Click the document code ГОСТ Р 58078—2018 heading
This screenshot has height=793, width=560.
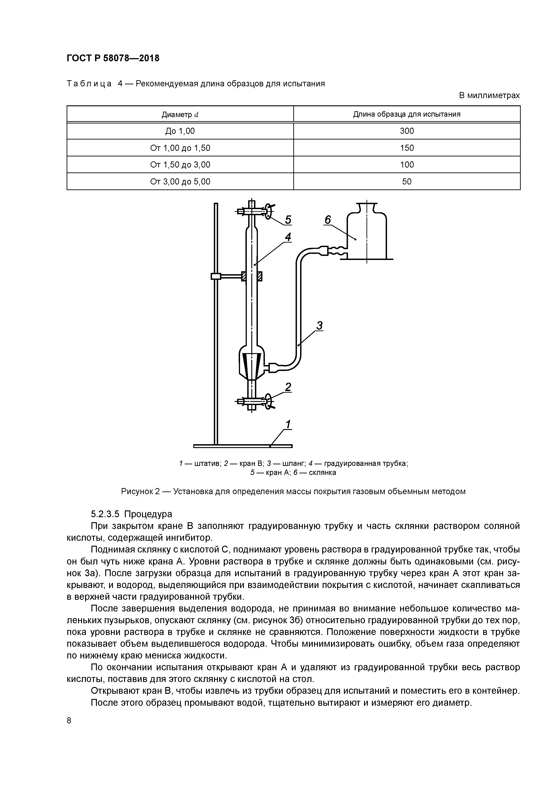[113, 58]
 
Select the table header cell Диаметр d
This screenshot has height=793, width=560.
[180, 114]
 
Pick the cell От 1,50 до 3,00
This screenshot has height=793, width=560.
[180, 165]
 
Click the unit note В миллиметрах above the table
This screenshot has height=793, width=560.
[489, 95]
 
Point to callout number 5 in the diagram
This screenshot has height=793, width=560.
[288, 220]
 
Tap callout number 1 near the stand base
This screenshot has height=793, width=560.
[288, 424]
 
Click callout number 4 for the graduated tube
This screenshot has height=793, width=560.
[288, 237]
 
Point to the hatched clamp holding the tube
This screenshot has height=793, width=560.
[252, 276]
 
